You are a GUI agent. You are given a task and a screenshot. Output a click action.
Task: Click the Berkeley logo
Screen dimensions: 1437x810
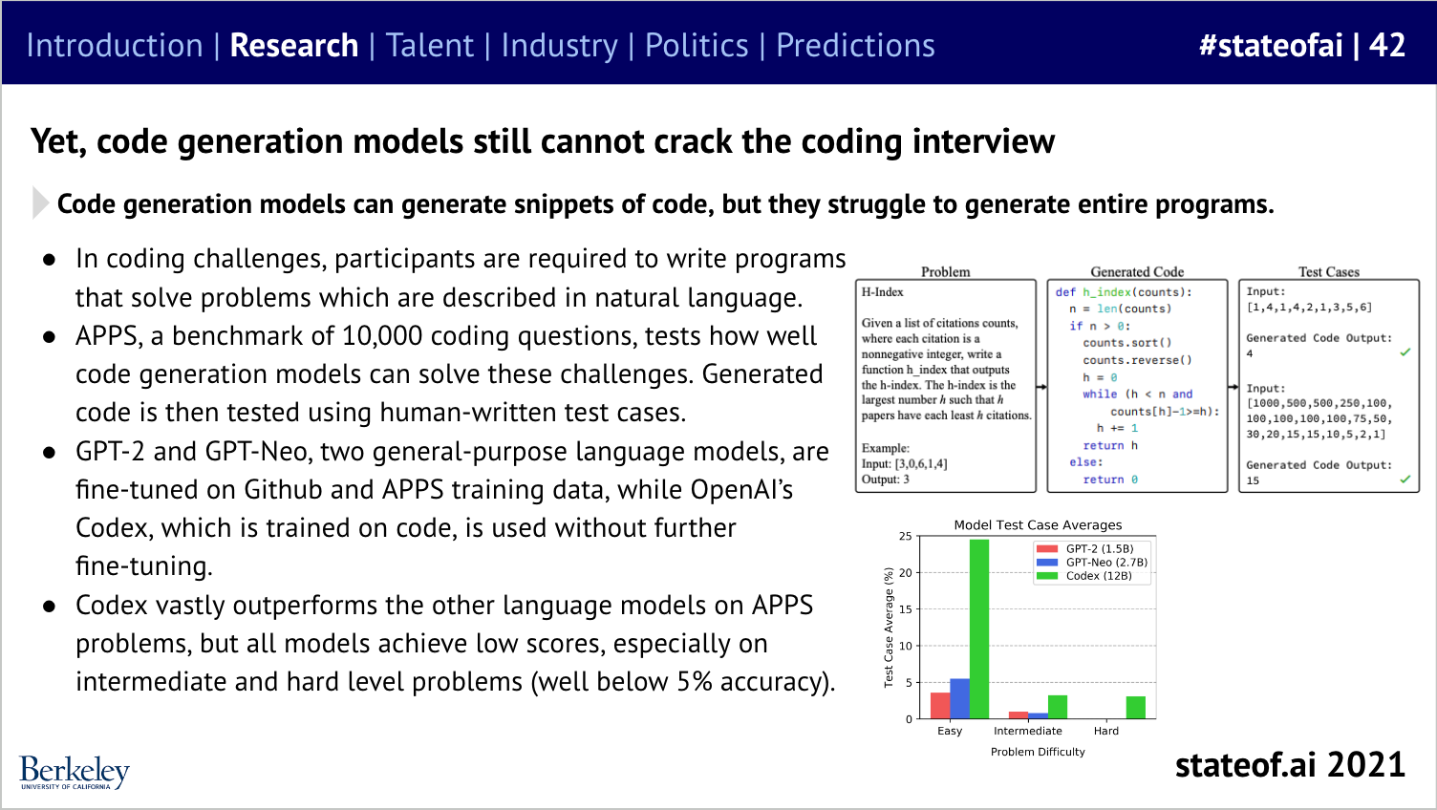point(75,772)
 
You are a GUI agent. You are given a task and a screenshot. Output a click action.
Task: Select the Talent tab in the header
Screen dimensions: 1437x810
point(430,45)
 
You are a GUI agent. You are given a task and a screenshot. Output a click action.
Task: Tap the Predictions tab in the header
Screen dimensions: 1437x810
point(855,45)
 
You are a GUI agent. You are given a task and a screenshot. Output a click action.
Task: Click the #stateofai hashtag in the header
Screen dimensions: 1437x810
point(1270,45)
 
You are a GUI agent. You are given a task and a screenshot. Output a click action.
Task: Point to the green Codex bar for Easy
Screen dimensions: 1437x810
point(979,629)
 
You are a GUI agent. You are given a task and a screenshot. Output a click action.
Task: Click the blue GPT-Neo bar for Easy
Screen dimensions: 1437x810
point(959,698)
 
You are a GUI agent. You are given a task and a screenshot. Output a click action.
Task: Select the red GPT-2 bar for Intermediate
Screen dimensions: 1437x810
point(1019,715)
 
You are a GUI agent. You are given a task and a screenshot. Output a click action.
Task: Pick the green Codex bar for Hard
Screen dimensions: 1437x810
point(1135,708)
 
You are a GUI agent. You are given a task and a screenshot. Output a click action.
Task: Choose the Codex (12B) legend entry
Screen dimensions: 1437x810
point(1084,576)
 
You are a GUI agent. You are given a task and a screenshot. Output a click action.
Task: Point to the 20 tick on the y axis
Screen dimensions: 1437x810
point(905,573)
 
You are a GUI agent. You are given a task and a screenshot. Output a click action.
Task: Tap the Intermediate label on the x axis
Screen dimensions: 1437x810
point(1028,731)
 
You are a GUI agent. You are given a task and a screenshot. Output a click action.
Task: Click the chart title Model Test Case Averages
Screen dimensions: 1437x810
point(1038,525)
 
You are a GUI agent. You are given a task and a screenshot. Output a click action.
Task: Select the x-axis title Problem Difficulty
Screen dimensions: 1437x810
point(1038,752)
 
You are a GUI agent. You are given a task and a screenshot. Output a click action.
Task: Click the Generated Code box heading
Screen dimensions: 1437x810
point(1137,272)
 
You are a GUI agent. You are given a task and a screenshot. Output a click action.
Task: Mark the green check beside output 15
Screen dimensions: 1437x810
point(1405,480)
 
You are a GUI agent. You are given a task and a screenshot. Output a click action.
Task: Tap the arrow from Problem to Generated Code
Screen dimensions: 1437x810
point(1041,387)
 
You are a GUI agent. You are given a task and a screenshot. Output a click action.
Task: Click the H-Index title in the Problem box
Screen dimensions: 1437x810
point(882,292)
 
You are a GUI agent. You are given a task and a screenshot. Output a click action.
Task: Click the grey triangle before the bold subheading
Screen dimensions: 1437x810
point(40,203)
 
